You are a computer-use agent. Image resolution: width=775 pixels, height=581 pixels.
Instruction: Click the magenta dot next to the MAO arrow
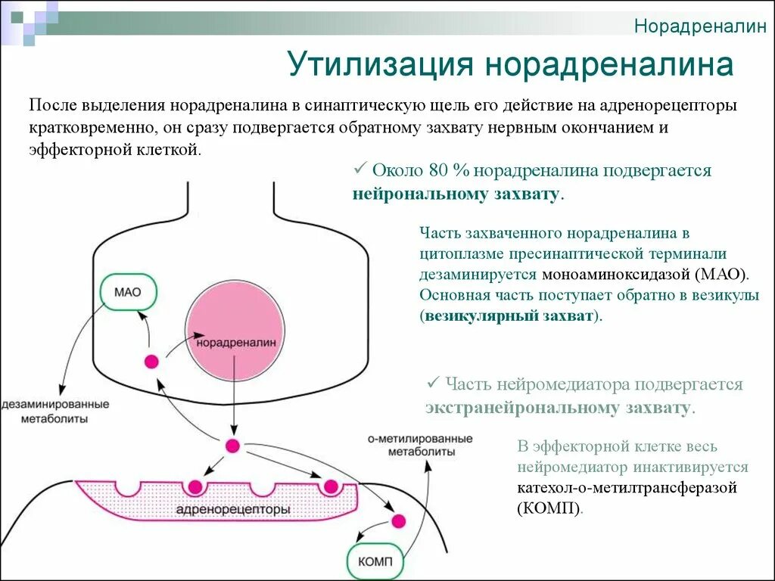pos(151,361)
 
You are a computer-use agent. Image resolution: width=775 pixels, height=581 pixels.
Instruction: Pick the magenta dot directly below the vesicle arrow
pos(232,446)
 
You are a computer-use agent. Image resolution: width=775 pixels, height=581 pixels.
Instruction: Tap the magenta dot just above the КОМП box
pos(397,520)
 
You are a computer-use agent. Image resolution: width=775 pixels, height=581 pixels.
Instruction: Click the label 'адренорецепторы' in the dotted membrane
pos(232,509)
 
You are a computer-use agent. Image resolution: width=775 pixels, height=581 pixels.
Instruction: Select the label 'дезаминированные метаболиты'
pos(54,411)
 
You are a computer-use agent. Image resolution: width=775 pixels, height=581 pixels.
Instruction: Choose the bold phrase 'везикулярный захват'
pos(510,316)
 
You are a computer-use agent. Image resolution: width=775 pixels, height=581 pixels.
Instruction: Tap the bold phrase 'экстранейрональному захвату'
pos(558,409)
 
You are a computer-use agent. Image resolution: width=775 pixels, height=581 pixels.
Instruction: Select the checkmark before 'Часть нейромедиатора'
pos(434,383)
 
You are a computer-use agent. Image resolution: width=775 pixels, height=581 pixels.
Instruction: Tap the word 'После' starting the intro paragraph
pos(50,107)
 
